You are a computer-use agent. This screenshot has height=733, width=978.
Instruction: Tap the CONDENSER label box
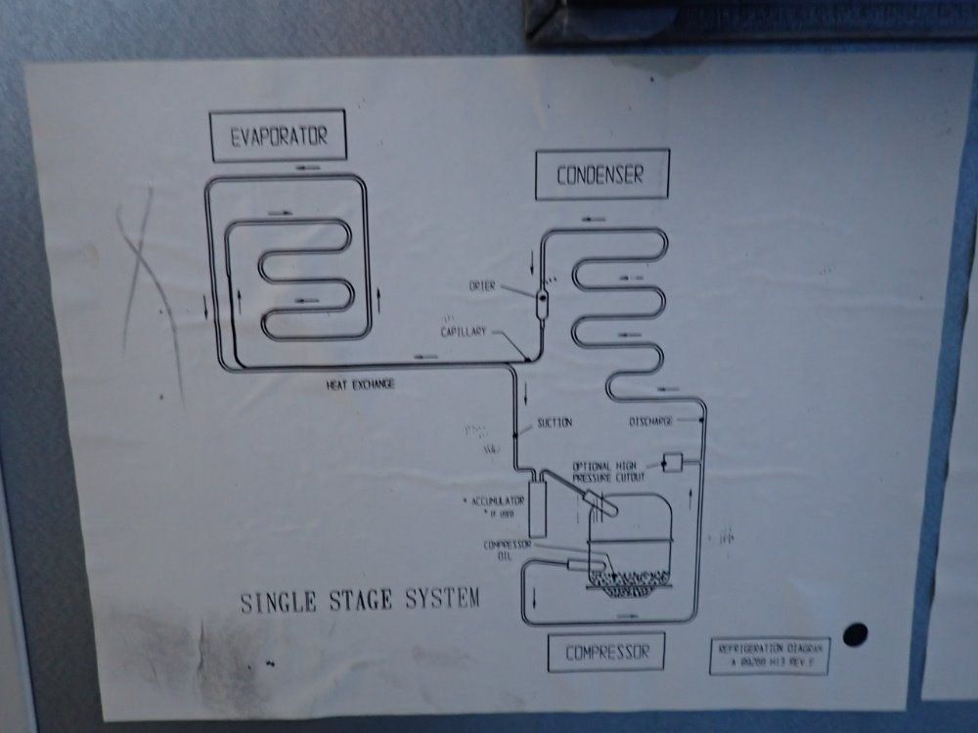600,175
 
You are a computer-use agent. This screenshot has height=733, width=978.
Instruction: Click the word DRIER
483,286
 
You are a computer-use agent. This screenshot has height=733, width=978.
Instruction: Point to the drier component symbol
542,297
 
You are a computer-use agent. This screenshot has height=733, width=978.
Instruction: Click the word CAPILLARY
464,332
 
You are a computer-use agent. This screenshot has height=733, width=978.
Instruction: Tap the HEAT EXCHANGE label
360,385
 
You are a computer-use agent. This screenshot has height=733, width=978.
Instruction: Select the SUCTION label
554,423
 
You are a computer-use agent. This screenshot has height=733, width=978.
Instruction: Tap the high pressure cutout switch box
672,461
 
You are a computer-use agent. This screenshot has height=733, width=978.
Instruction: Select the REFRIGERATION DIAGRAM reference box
769,656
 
